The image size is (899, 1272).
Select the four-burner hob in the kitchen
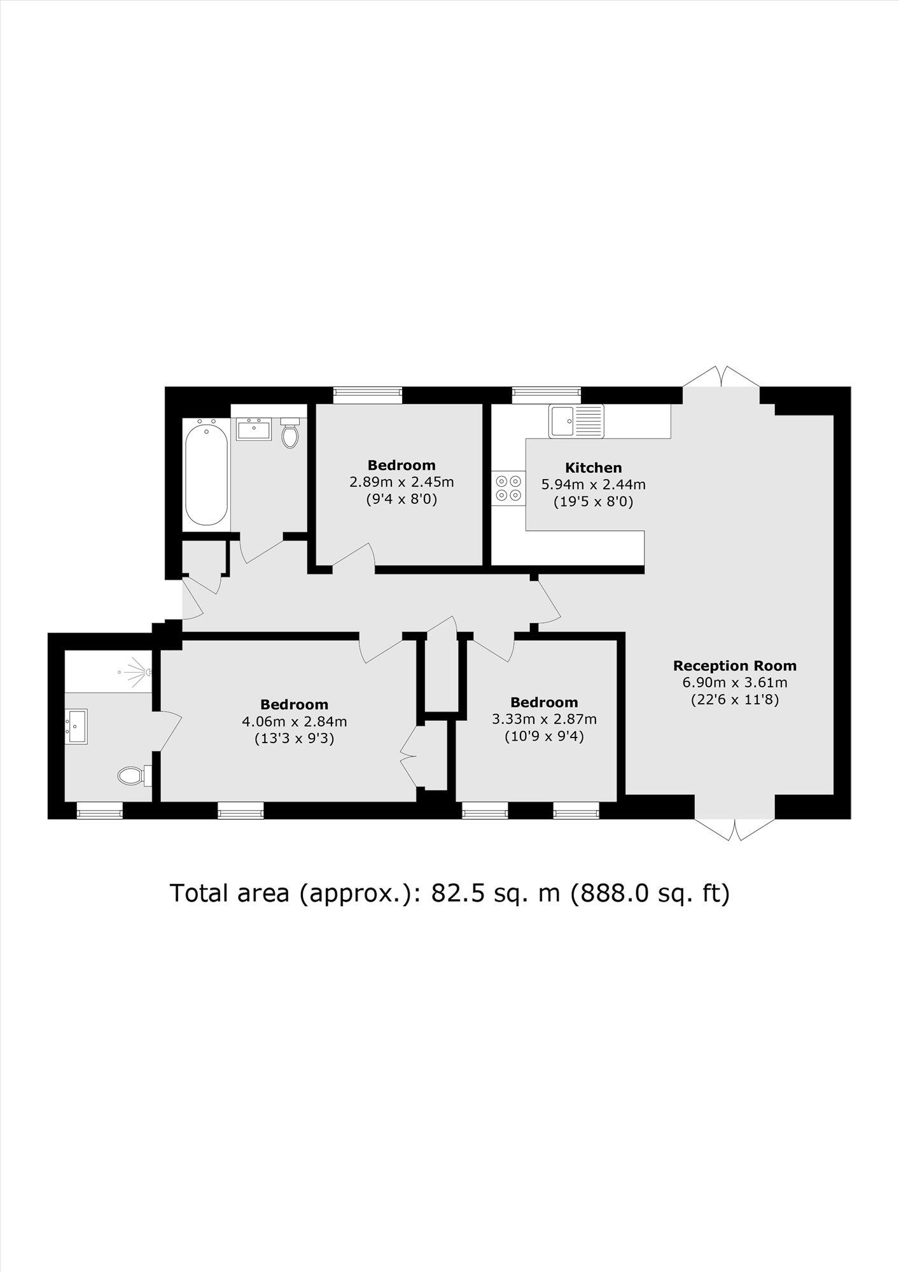tap(508, 487)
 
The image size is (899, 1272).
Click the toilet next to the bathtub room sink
tap(290, 434)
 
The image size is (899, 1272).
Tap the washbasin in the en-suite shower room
tap(77, 727)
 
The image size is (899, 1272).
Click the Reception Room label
tap(734, 666)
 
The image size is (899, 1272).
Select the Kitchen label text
tap(593, 468)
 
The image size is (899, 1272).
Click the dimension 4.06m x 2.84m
tap(294, 722)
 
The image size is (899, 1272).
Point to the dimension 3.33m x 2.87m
tap(544, 719)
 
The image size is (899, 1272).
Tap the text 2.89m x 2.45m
tap(401, 482)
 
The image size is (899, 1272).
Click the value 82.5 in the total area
tap(452, 893)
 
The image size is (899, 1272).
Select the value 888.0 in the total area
tap(611, 893)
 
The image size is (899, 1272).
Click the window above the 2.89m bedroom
tap(368, 395)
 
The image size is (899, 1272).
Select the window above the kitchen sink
tap(547, 395)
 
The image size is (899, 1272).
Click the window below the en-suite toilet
tap(99, 810)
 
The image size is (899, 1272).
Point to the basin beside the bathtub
tap(254, 429)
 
